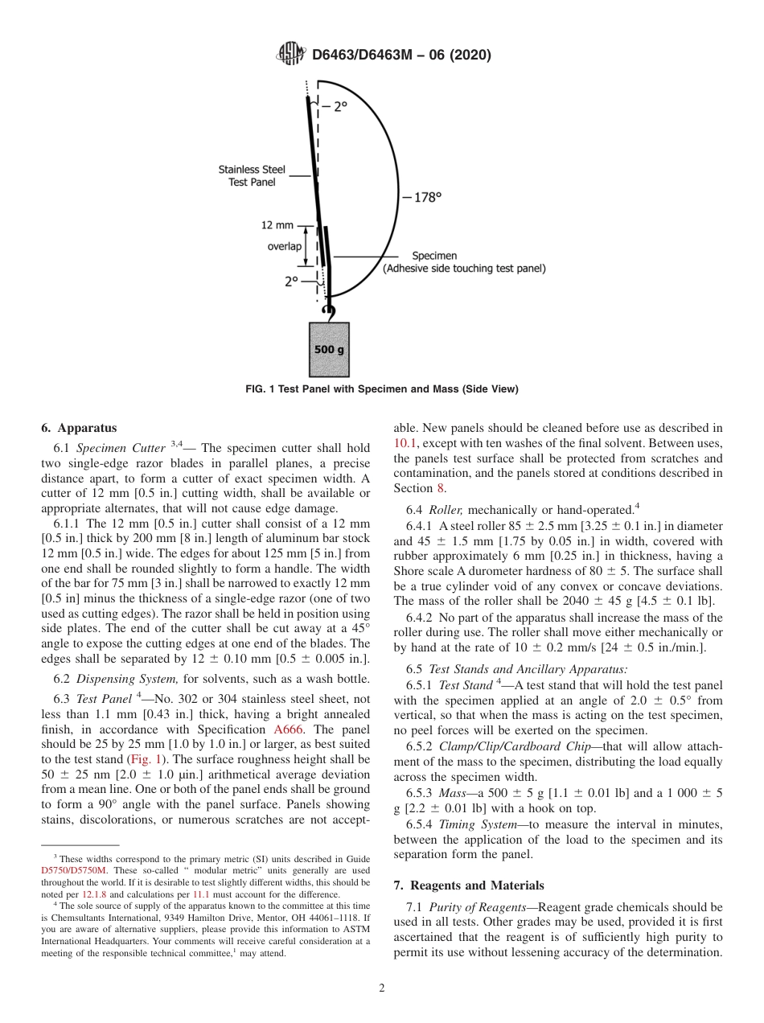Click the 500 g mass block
(x=329, y=349)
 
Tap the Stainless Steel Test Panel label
(x=251, y=176)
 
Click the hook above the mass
(x=327, y=310)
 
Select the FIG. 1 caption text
(x=381, y=389)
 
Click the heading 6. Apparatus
(x=78, y=428)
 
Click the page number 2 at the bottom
(x=382, y=988)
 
